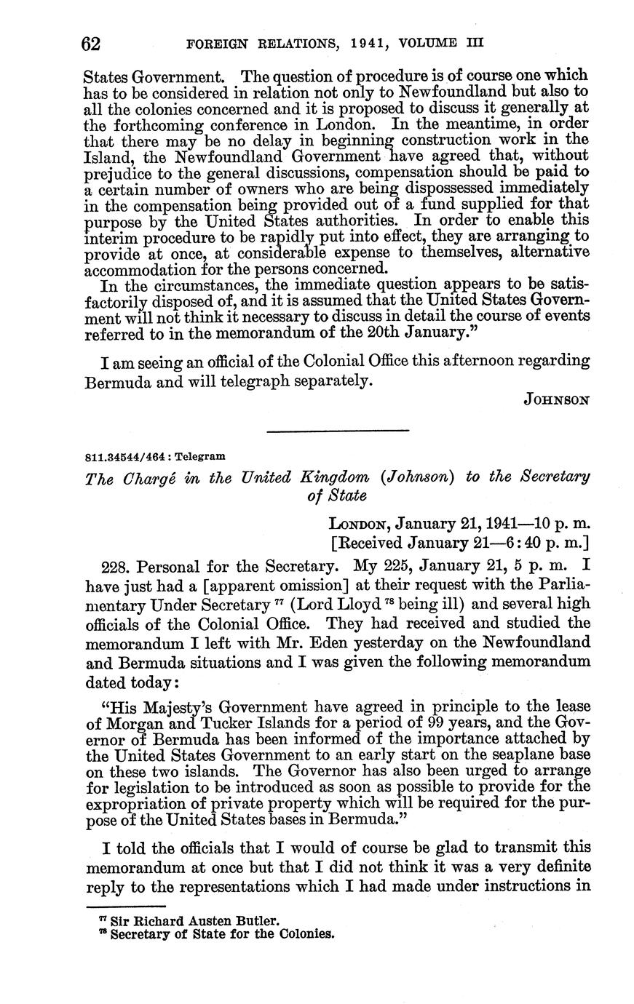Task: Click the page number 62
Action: [91, 44]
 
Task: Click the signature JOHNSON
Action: [557, 399]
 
